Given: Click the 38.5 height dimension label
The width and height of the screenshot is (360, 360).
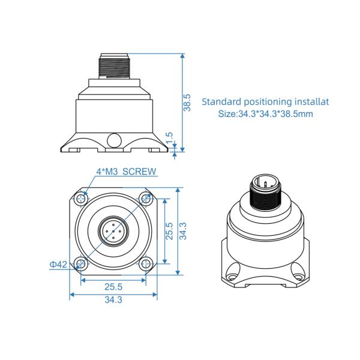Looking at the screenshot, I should [x=187, y=102].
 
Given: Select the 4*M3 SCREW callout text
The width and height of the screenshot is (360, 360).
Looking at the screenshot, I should [x=127, y=172].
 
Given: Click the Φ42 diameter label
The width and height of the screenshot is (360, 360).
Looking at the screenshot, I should [x=58, y=263].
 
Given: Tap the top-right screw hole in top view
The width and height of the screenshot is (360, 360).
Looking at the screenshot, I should [x=144, y=199].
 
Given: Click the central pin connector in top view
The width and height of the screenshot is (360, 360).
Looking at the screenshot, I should [x=113, y=230].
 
